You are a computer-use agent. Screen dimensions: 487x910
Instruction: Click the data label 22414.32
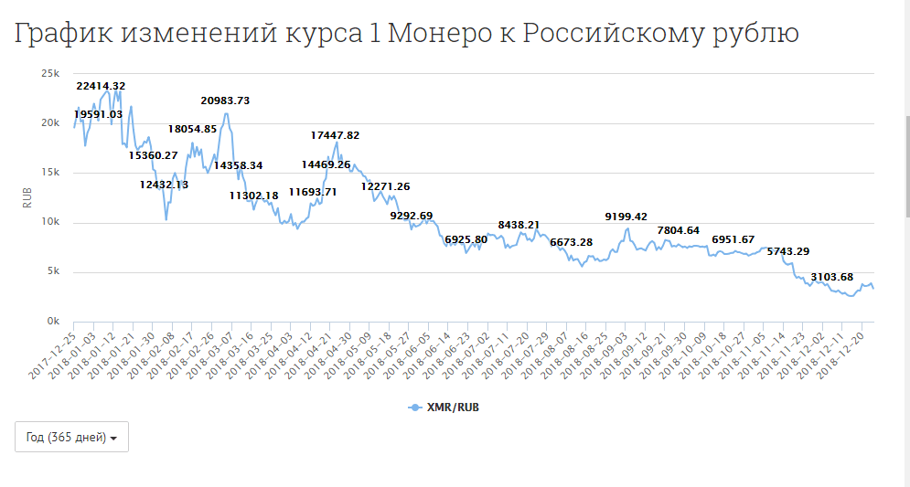tap(101, 86)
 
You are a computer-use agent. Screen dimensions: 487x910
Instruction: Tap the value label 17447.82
tap(336, 135)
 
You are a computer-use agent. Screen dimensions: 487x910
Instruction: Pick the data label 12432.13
tap(165, 185)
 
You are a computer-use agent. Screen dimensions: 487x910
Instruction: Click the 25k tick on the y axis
tap(50, 73)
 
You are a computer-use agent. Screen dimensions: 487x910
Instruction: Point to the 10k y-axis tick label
tap(50, 222)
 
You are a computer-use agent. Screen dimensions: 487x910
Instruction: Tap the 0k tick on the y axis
tap(53, 322)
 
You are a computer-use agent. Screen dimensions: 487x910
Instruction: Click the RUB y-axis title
tap(27, 197)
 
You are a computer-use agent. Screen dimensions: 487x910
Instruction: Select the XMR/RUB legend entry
tap(444, 408)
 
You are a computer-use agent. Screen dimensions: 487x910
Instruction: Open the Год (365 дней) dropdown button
tap(71, 437)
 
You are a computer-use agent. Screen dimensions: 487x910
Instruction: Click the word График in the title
tap(62, 34)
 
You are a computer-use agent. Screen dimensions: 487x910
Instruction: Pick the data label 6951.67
tap(733, 239)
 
